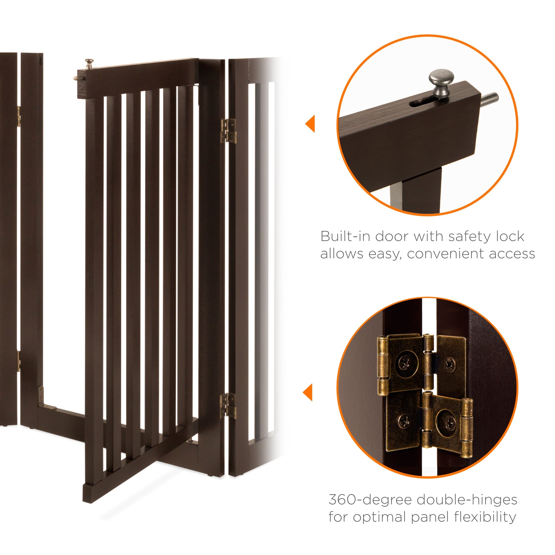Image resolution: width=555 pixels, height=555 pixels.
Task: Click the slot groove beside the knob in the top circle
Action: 422,103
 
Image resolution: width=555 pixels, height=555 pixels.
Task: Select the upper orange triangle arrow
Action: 311,124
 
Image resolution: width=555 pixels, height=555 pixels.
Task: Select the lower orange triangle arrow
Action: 308,392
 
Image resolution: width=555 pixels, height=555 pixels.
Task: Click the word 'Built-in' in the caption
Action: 345,237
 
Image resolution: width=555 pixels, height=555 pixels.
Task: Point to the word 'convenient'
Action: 446,254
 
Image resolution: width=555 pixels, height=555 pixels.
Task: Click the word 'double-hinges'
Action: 467,500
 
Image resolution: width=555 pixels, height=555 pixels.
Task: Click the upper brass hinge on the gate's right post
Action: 228,131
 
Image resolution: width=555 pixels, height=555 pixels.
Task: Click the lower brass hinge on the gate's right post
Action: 228,405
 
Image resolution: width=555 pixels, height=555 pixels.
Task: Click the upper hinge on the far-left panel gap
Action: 19,116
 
